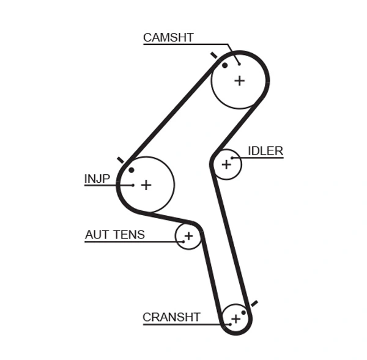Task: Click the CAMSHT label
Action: point(168,37)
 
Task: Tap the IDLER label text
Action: point(265,151)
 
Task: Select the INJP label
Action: point(97,178)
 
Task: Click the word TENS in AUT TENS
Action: point(129,235)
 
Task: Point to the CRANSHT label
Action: point(171,317)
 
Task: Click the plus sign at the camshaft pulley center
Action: point(239,80)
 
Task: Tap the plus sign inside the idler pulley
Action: point(226,164)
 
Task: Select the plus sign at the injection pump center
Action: point(146,185)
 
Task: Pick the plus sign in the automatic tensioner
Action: point(188,236)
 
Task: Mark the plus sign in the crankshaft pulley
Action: point(235,318)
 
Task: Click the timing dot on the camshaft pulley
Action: point(225,65)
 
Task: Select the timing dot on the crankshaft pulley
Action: point(243,312)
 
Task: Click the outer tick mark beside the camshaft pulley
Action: point(213,55)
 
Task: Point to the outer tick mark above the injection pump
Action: point(120,160)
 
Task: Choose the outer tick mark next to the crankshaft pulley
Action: point(254,303)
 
